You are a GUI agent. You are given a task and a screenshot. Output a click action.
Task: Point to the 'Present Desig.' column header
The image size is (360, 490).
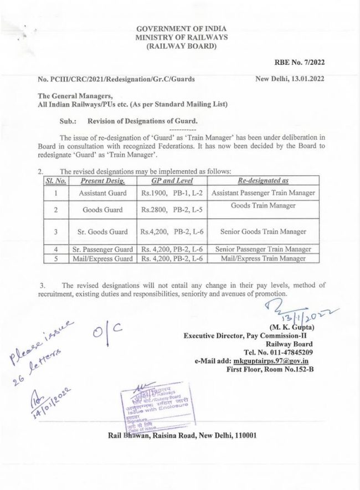tap(102, 181)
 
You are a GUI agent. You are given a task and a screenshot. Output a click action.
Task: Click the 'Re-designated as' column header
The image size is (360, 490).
tap(263, 181)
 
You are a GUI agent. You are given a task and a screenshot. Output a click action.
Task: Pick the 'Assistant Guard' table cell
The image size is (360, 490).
tap(102, 193)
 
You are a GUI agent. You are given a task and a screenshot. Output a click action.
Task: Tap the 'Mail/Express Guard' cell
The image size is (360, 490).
tap(102, 258)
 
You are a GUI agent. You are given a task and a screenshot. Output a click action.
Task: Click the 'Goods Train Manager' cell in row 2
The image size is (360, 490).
tap(263, 206)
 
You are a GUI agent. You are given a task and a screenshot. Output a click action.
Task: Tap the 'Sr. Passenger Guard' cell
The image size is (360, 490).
tap(102, 250)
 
